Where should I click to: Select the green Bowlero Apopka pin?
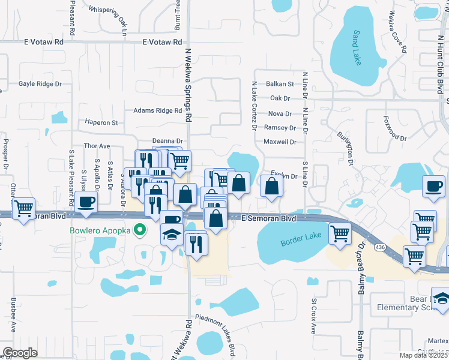click(140, 229)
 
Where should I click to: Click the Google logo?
click(20, 353)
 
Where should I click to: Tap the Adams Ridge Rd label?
click(157, 110)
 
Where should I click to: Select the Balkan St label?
click(280, 84)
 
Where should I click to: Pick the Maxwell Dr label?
click(280, 142)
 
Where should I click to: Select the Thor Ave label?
click(97, 146)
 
